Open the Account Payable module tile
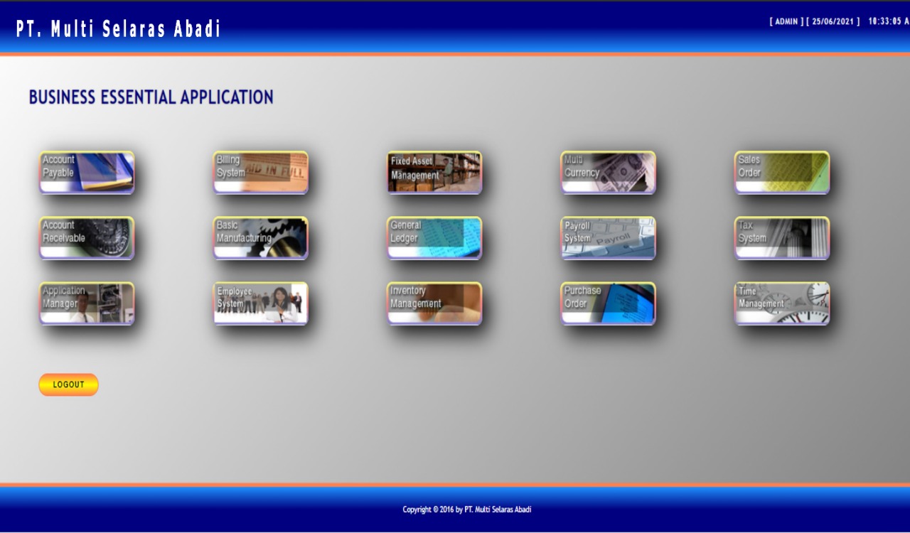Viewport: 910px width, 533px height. [x=87, y=173]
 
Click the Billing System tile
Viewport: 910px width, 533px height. [x=260, y=173]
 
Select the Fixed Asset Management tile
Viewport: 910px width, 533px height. [x=434, y=173]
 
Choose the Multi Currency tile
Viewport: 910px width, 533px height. [x=608, y=173]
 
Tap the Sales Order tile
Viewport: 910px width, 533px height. [x=782, y=173]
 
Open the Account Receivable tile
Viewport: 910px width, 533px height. [x=87, y=238]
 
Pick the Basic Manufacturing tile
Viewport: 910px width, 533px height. [x=260, y=238]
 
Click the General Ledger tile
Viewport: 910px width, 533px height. [x=434, y=238]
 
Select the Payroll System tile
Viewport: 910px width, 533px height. [x=608, y=238]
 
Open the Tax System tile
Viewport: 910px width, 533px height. [x=782, y=238]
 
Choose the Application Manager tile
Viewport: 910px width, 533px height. [x=87, y=303]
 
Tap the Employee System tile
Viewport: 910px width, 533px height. [x=260, y=303]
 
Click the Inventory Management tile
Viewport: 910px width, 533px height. [x=434, y=303]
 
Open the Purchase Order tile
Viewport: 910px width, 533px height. [x=608, y=303]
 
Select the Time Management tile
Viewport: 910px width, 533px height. [x=782, y=303]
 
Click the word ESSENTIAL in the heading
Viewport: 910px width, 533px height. [x=138, y=97]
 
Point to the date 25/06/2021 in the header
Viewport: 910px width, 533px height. [x=833, y=21]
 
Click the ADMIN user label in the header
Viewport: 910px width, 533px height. [x=786, y=21]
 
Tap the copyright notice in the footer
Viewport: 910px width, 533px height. [x=467, y=510]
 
